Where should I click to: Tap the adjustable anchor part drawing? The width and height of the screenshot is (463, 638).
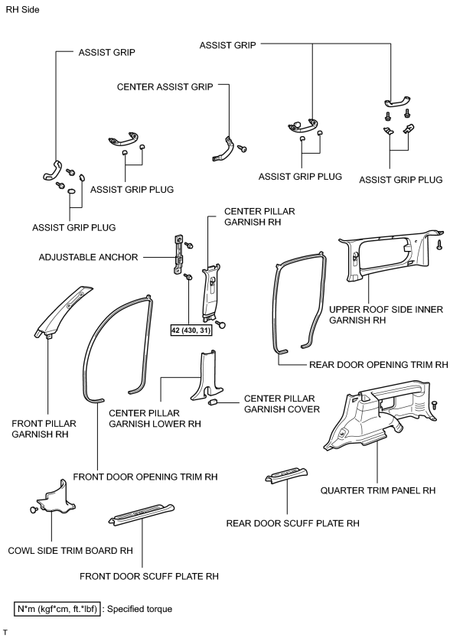pos(178,255)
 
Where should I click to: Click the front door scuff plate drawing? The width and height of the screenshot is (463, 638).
pos(142,514)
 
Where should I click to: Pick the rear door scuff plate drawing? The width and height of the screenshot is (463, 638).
pos(286,475)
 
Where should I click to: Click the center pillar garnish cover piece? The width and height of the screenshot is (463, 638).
pos(213,403)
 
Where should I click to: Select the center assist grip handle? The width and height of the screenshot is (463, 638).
pos(222,149)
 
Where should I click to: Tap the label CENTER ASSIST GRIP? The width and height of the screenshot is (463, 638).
pos(165,86)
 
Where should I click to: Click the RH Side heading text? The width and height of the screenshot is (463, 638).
pos(22,9)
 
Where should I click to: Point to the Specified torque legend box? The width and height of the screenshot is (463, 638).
pos(57,609)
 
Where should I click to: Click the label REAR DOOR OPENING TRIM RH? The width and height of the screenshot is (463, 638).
pos(379,365)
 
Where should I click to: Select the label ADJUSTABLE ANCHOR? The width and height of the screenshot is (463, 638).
pos(88,257)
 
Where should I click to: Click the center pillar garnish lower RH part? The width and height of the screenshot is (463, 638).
pos(207,376)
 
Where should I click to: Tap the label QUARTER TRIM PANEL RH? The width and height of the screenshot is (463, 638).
pos(378,490)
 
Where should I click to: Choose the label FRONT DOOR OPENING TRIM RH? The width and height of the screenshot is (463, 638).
pos(145,477)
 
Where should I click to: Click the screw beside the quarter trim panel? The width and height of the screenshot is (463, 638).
pos(435,405)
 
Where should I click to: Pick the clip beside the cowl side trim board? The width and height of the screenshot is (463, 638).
pos(34,509)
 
